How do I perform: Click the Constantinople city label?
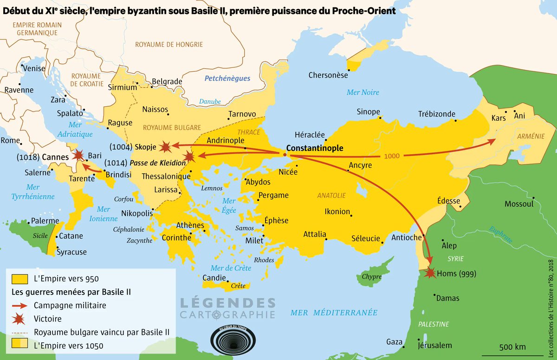[x=315, y=148]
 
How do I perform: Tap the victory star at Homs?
[x=430, y=273]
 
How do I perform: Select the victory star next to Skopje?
[x=164, y=147]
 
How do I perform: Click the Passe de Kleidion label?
[x=158, y=164]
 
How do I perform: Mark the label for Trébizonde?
[x=436, y=114]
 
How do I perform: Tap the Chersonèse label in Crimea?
[x=328, y=75]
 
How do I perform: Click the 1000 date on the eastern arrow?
[x=392, y=156]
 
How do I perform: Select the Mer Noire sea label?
[x=363, y=92]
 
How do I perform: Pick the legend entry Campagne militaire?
[x=70, y=306]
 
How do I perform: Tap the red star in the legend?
[x=20, y=319]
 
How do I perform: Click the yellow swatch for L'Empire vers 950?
[x=20, y=279]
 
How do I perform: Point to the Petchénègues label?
[x=227, y=79]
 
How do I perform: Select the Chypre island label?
[x=371, y=277]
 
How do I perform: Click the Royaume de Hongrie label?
[x=169, y=45]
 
